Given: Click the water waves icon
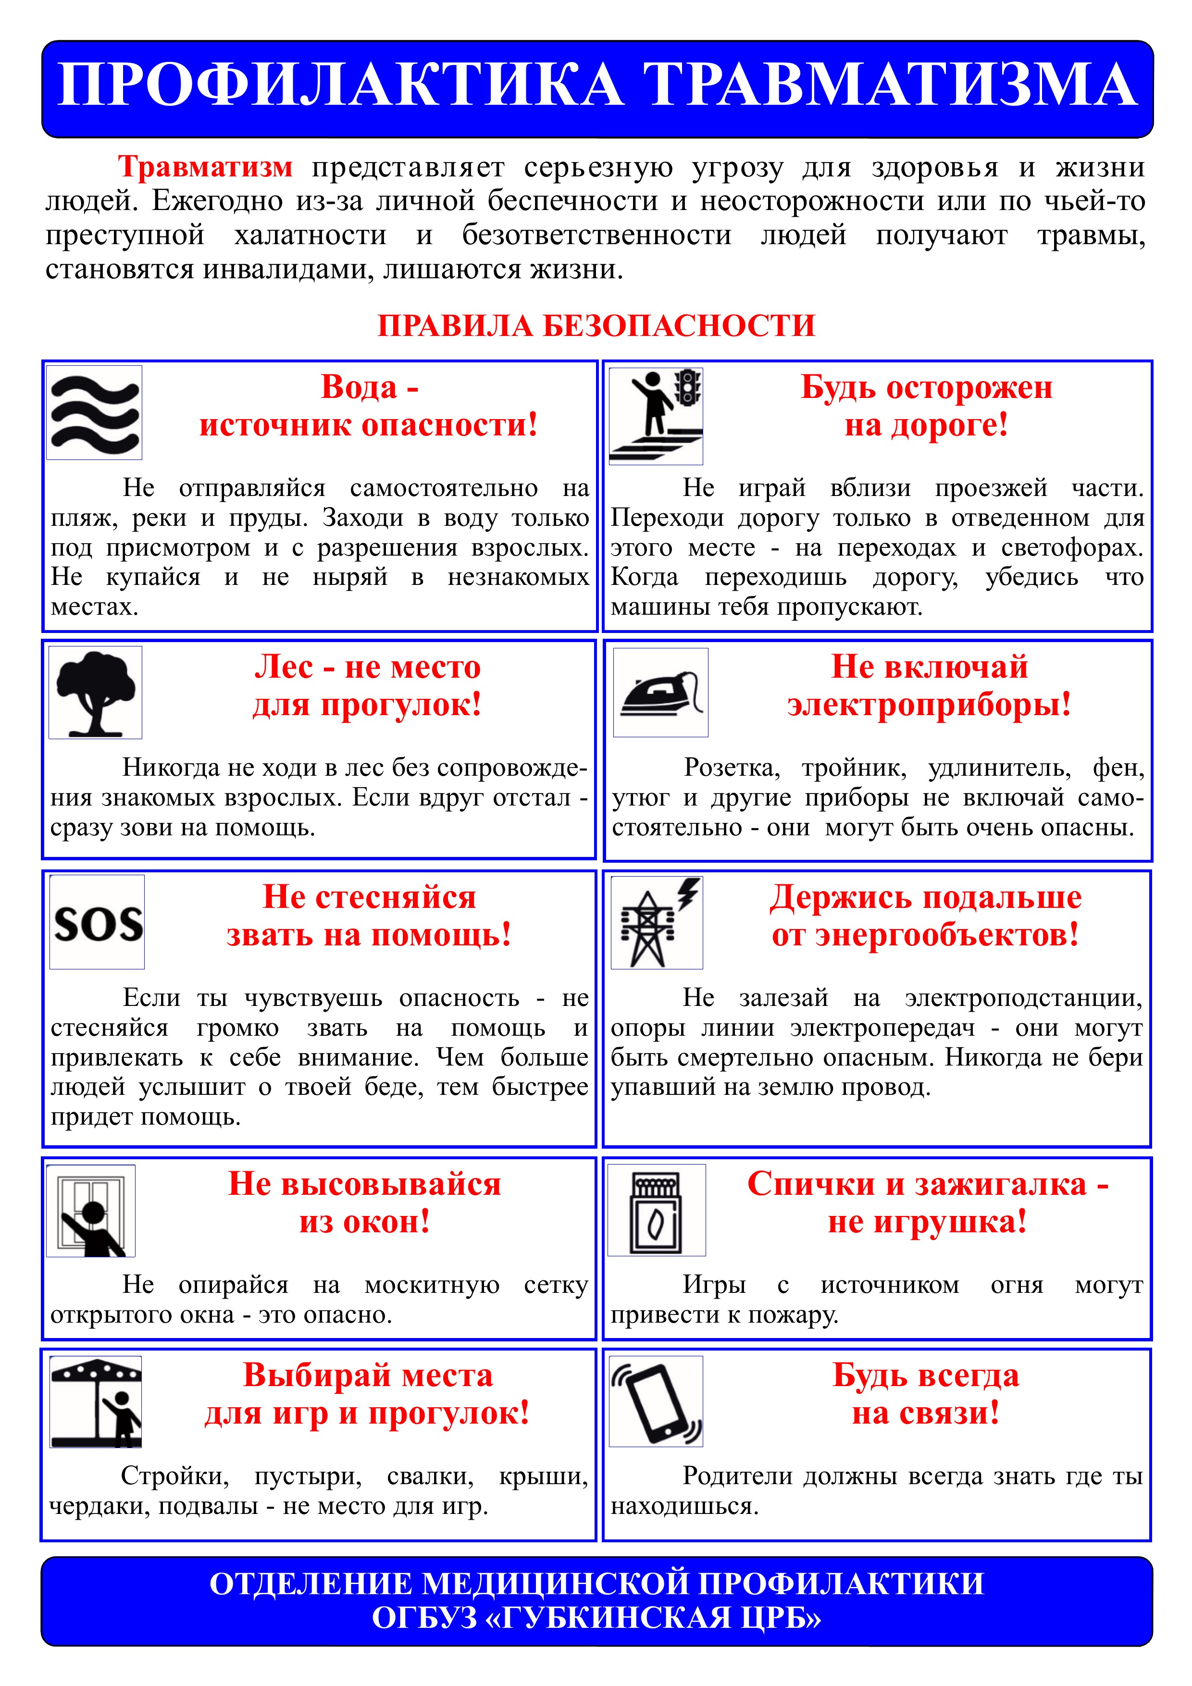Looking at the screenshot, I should click(94, 413).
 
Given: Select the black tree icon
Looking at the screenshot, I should click(96, 693).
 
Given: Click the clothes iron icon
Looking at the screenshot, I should click(660, 693).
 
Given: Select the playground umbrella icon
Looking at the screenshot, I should click(96, 1402).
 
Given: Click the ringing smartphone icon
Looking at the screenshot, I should click(657, 1402).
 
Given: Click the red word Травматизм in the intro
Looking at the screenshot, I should click(206, 167).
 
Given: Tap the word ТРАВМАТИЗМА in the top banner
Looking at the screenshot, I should click(891, 85).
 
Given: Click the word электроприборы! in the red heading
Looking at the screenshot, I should click(929, 704).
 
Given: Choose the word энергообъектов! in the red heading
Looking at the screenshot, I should click(925, 935).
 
